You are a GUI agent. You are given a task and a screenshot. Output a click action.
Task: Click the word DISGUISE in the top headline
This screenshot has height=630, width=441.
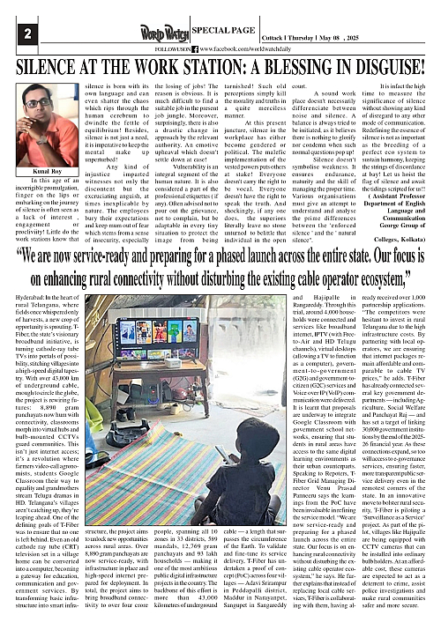[396, 64]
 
